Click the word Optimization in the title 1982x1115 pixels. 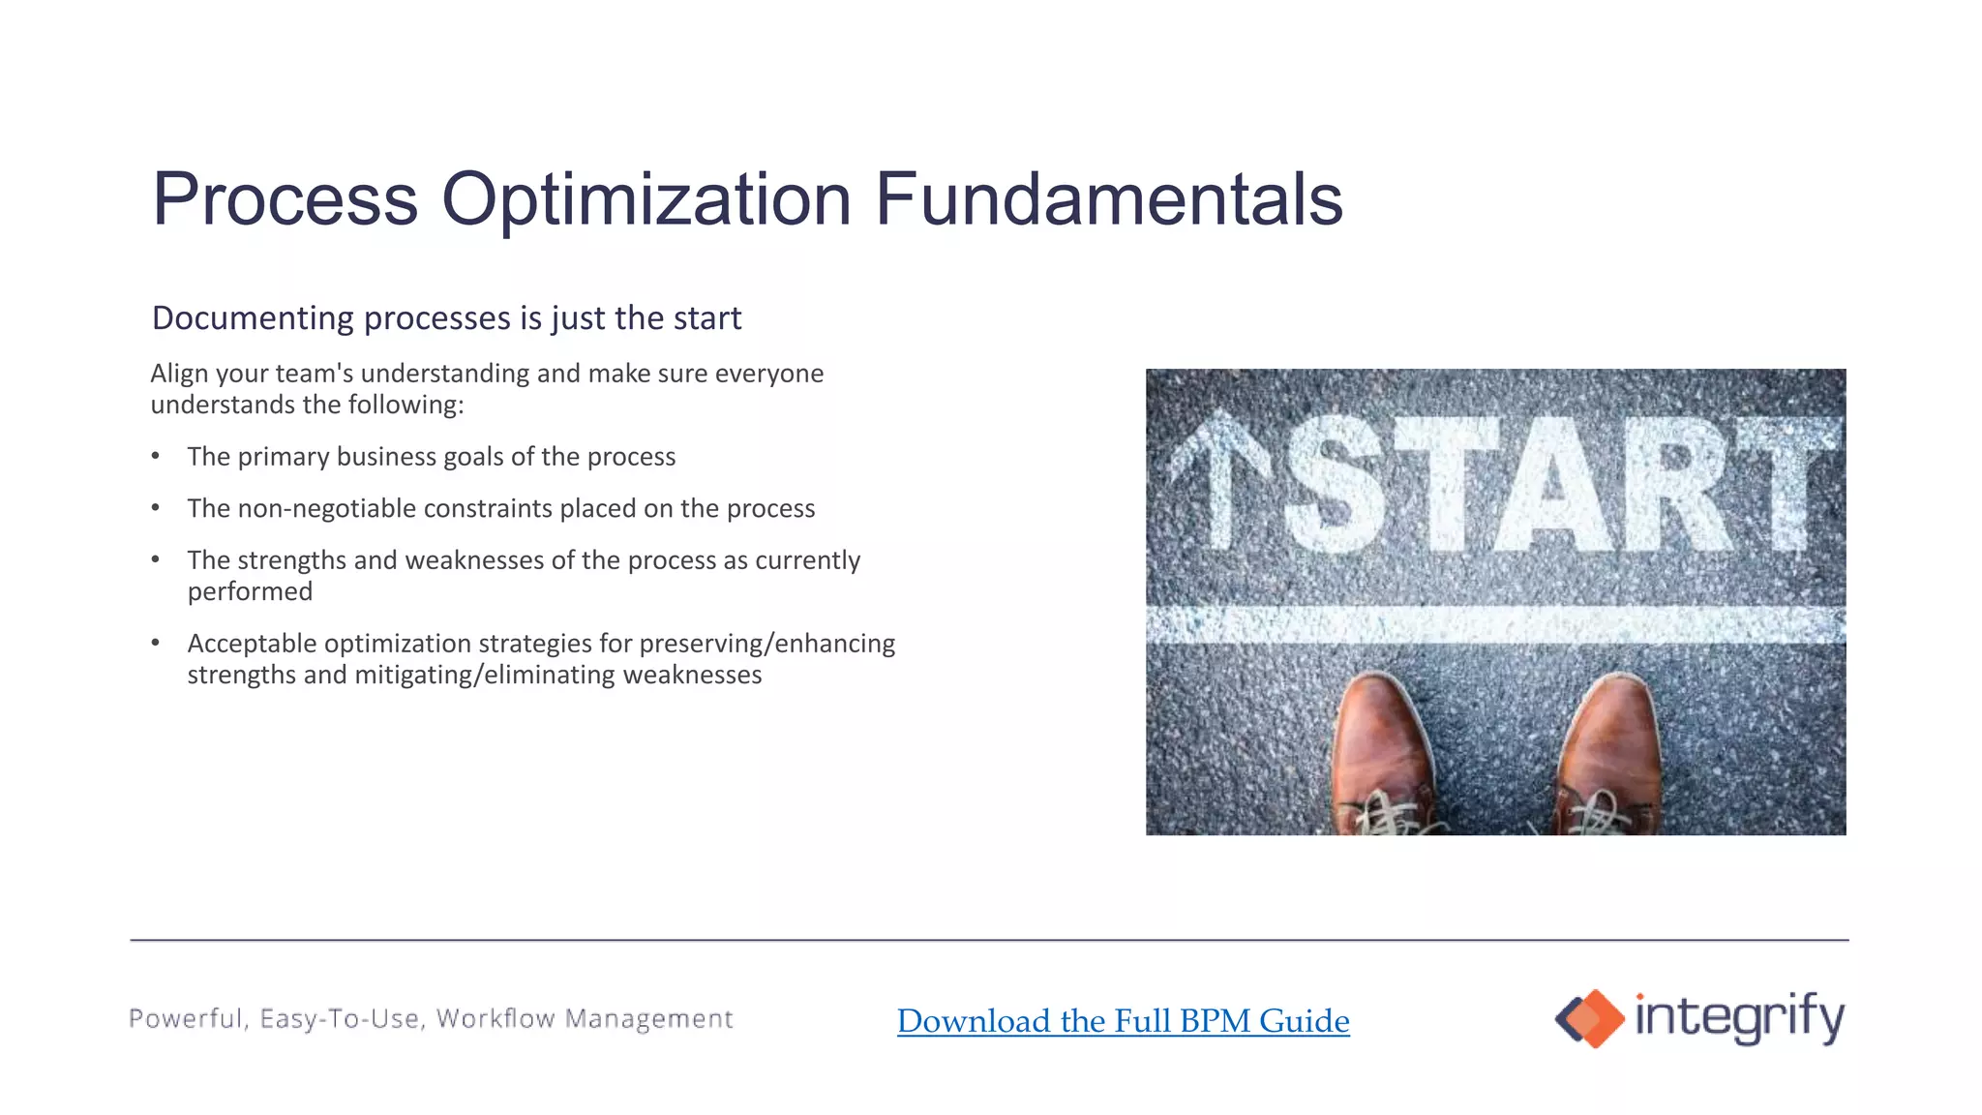pyautogui.click(x=646, y=199)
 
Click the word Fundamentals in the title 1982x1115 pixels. pyautogui.click(x=1108, y=199)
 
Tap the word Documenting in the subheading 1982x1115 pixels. pyautogui.click(x=253, y=318)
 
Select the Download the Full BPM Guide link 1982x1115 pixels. pyautogui.click(x=1123, y=1020)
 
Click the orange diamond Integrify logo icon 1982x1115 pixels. pyautogui.click(x=1590, y=1018)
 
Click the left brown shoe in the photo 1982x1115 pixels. pyautogui.click(x=1381, y=755)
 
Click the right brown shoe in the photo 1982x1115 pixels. pyautogui.click(x=1608, y=755)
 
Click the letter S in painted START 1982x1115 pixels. pyautogui.click(x=1336, y=484)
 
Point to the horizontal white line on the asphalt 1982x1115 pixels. pyautogui.click(x=1495, y=624)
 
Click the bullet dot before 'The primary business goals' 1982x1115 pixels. pyautogui.click(x=156, y=456)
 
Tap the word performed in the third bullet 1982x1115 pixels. pyautogui.click(x=250, y=591)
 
